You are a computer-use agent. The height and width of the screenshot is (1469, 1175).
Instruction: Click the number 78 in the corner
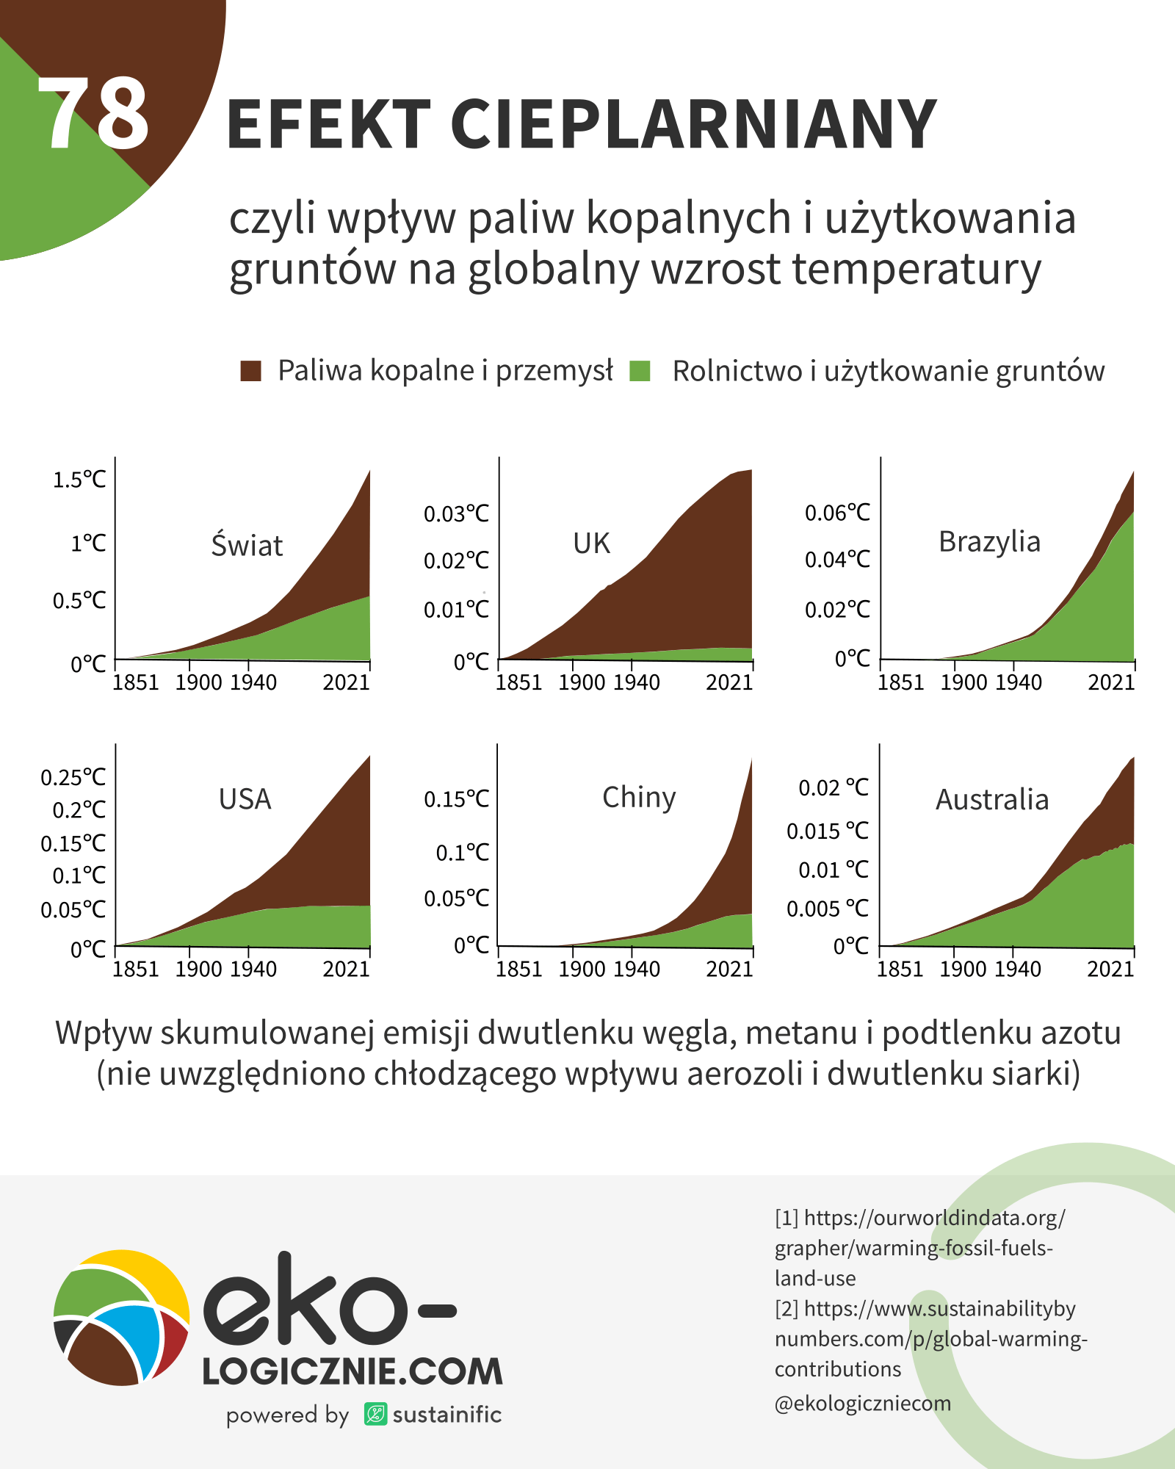[93, 114]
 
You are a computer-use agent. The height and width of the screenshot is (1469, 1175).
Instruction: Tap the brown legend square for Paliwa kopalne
[251, 371]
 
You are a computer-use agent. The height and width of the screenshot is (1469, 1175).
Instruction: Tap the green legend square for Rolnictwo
[640, 371]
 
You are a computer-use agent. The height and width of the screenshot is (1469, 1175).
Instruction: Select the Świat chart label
[247, 546]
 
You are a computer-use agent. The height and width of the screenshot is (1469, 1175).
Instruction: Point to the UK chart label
[591, 544]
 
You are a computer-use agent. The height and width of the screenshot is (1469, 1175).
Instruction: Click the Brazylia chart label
[989, 542]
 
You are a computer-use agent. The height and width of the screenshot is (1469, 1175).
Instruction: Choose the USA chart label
[245, 799]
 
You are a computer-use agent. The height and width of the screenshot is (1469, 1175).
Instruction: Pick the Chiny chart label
[639, 798]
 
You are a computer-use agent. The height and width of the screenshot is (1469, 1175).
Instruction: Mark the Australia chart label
[992, 800]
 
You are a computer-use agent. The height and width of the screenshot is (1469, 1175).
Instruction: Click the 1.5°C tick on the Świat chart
[79, 480]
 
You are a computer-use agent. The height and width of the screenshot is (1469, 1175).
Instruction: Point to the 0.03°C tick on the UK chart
[456, 514]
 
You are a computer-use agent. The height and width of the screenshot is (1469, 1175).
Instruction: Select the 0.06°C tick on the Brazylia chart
[837, 513]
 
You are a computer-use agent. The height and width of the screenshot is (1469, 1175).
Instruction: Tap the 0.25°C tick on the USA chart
[73, 778]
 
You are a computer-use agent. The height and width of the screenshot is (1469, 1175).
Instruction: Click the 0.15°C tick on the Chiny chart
[456, 799]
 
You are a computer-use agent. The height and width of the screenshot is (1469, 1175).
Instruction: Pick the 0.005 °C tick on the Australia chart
[828, 909]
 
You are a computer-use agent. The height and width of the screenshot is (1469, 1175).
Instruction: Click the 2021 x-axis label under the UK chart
[729, 683]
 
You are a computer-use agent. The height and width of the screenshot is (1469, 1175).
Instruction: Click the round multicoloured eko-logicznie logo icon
[122, 1318]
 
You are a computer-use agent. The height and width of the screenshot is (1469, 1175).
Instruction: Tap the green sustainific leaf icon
[375, 1414]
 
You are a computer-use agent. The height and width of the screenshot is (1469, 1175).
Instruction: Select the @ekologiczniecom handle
[863, 1404]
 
